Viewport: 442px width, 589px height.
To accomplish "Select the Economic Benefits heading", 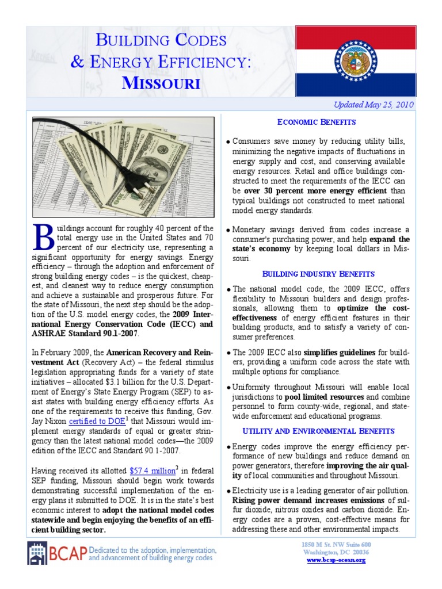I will pos(317,122).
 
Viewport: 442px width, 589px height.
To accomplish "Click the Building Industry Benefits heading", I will pos(318,273).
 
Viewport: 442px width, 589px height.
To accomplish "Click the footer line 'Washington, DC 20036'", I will pos(336,552).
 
